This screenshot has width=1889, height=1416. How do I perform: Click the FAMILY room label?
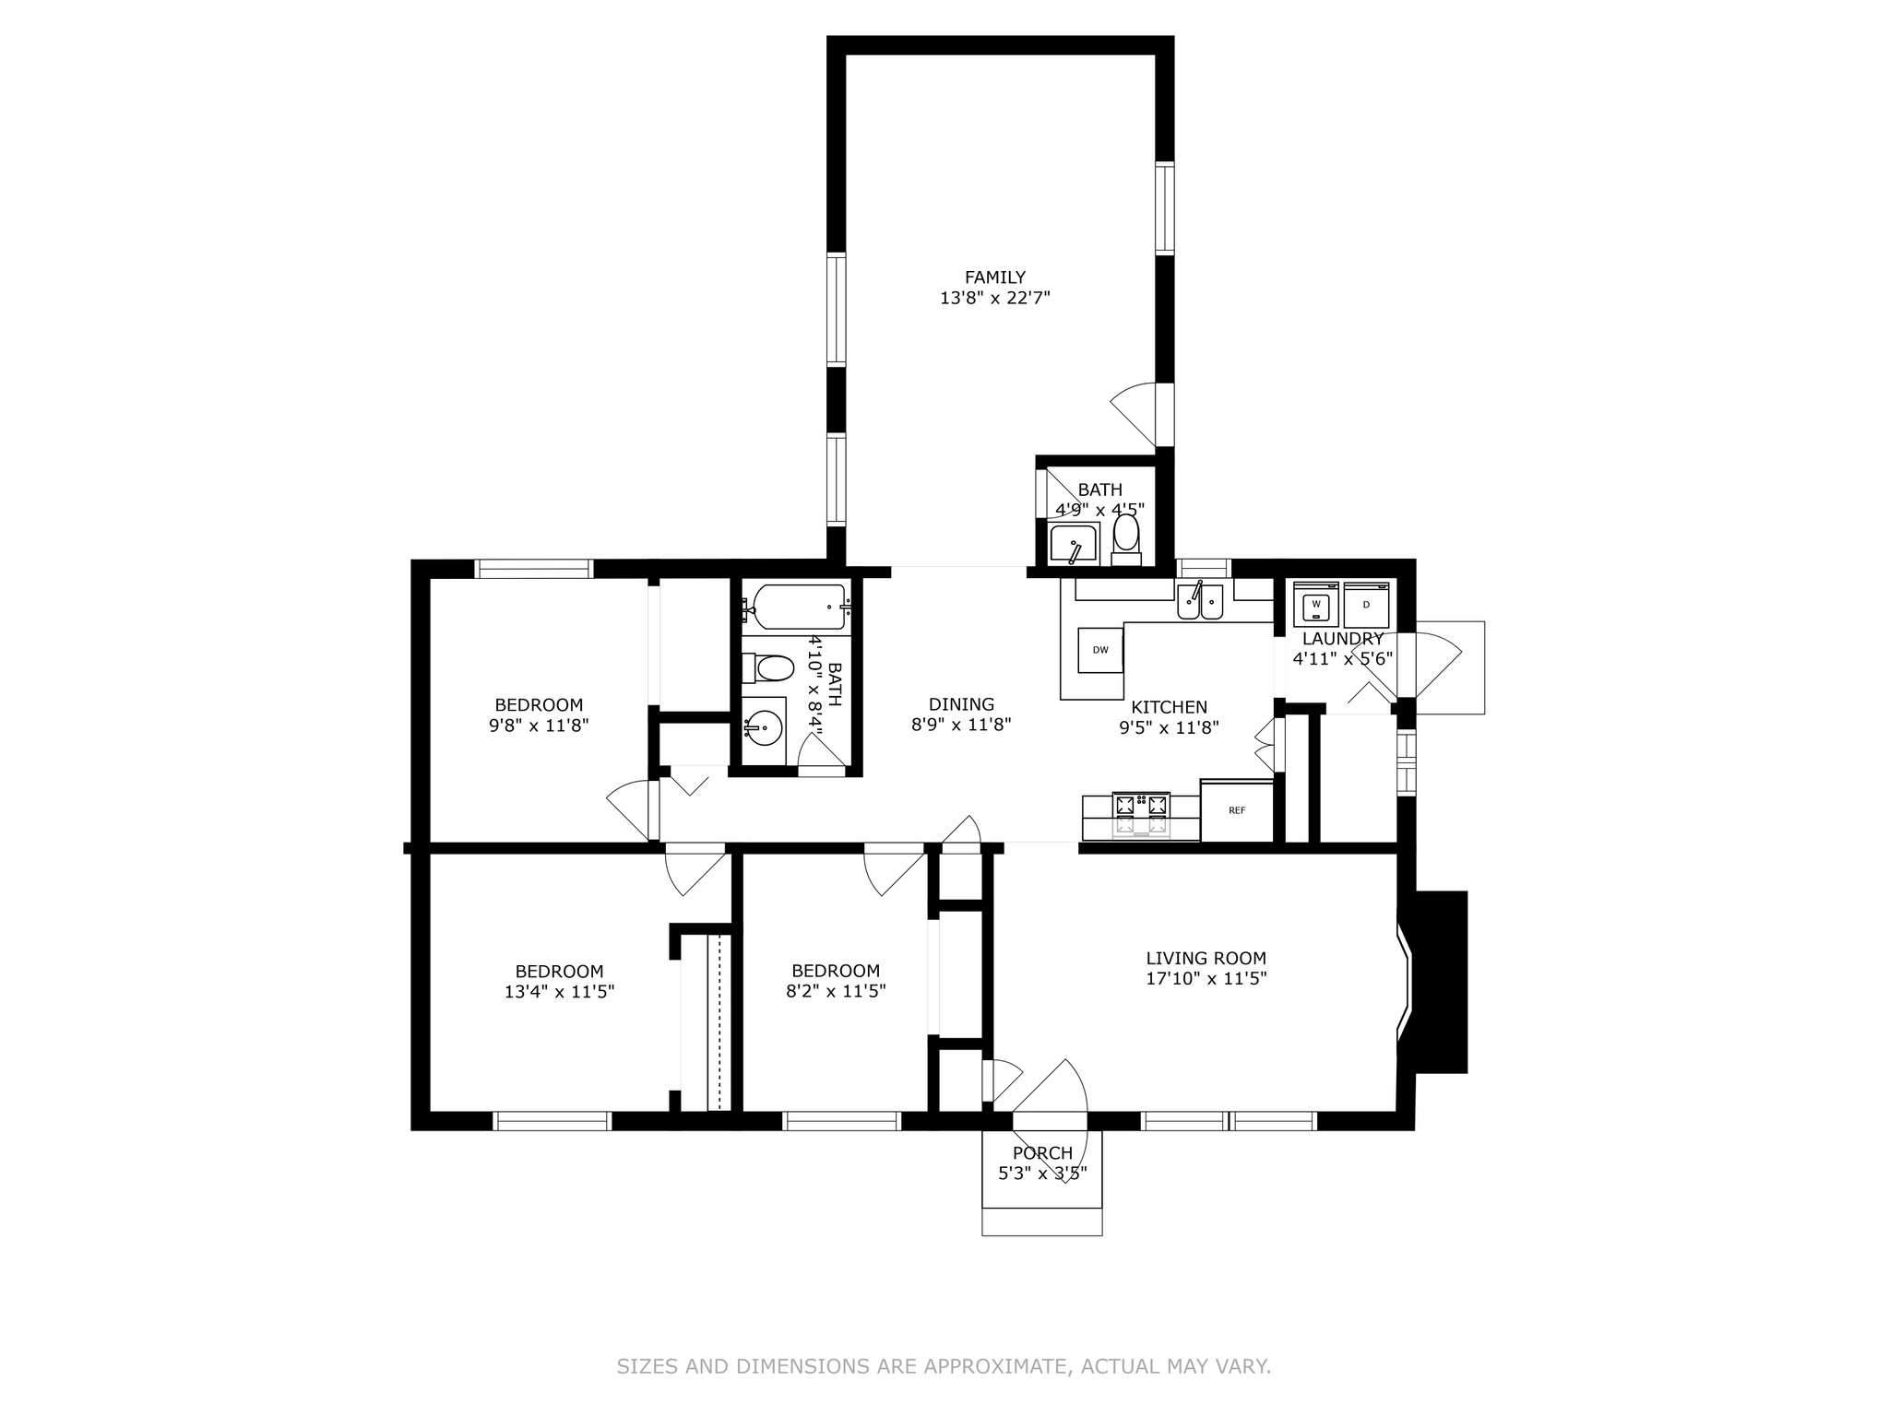(994, 277)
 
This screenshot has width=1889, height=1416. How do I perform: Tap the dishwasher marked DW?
(1100, 650)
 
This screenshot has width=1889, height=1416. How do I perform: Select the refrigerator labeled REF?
(1237, 810)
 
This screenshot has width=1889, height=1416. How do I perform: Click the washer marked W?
(1316, 606)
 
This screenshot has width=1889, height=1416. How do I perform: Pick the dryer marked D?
(1367, 606)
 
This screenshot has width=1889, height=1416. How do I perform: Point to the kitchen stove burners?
(1142, 806)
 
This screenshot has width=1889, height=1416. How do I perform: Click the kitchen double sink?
(1200, 601)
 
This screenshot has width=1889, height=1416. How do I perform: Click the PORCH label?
(1042, 1153)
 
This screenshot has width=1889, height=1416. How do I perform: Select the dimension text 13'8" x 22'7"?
(995, 298)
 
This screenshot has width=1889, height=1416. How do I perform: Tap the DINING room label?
(961, 704)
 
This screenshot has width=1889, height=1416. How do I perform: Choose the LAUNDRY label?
(1343, 639)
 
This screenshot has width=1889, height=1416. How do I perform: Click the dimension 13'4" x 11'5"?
(559, 992)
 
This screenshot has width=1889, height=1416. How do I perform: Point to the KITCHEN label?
(1169, 707)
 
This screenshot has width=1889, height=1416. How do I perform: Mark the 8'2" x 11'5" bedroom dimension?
(836, 992)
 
